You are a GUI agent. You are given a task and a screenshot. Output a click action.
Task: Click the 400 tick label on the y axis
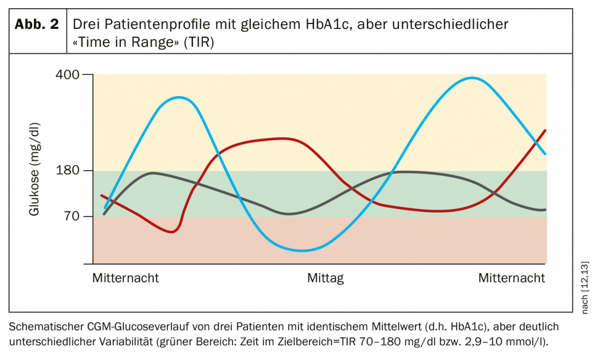click(x=68, y=74)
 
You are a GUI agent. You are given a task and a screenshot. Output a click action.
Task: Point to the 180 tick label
click(x=68, y=171)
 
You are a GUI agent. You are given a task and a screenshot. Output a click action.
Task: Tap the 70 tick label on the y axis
click(x=73, y=217)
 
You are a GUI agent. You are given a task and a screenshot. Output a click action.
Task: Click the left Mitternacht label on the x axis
click(x=125, y=278)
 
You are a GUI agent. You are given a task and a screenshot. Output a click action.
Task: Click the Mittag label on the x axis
click(x=326, y=278)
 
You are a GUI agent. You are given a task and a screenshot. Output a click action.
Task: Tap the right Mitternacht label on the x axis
click(x=512, y=278)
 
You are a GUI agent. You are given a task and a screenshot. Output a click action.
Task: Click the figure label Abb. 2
click(x=37, y=25)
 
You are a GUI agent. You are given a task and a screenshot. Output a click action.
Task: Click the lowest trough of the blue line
click(x=301, y=251)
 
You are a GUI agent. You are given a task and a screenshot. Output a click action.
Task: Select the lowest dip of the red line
click(x=172, y=232)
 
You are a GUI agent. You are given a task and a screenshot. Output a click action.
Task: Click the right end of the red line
click(x=545, y=130)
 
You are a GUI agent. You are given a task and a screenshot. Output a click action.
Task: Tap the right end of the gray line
click(x=545, y=209)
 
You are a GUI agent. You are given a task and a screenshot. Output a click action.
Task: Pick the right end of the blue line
click(x=545, y=154)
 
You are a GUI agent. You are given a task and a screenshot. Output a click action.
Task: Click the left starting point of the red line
click(x=101, y=195)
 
